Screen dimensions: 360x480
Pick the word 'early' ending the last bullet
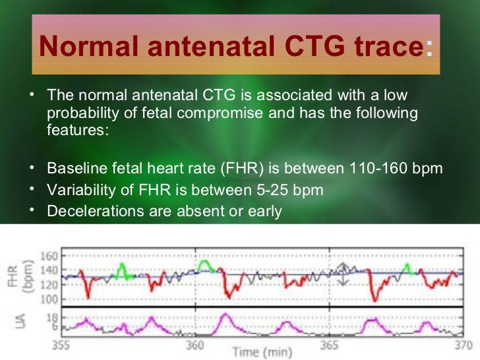[264, 212]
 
